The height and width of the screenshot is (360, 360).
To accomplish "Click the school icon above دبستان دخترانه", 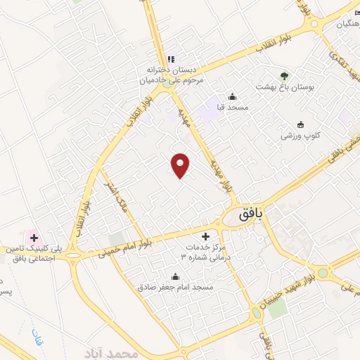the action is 171,59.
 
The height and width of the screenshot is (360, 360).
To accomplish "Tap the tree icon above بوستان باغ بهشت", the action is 284,74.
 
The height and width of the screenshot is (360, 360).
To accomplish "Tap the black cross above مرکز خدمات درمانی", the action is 205,236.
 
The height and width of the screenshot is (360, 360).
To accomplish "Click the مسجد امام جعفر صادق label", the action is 176,287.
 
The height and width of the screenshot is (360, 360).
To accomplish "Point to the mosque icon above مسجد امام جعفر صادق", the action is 175,276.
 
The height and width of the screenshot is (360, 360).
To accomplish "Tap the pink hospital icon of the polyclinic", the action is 33,238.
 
